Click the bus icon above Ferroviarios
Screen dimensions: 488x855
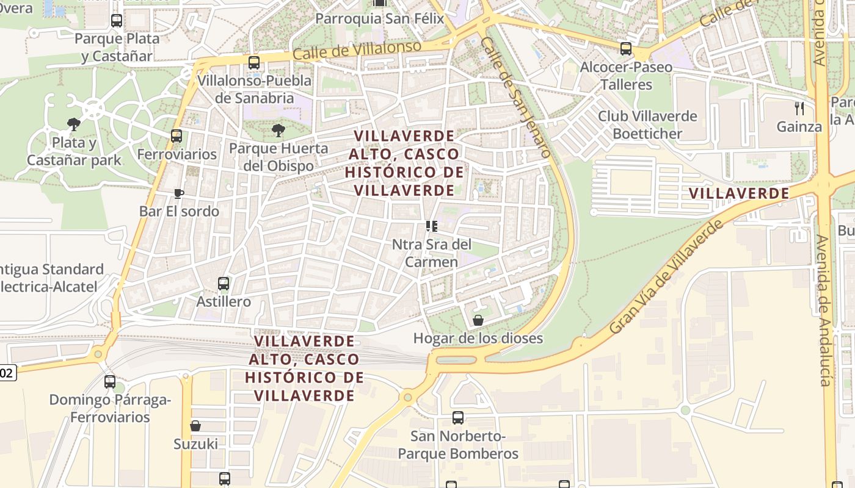(176, 136)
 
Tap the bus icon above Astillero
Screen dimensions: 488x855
(224, 284)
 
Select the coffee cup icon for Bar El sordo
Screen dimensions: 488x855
(178, 193)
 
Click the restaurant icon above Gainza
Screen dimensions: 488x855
(799, 109)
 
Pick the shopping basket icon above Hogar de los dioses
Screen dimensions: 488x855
(478, 320)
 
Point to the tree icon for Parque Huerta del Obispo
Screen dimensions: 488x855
(278, 130)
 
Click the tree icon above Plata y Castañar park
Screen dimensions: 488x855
(74, 124)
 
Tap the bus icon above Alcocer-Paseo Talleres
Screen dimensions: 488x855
(626, 49)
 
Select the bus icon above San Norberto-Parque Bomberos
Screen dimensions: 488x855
(458, 418)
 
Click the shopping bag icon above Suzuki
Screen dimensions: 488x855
(195, 426)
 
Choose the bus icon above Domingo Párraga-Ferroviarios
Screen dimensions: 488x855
(110, 382)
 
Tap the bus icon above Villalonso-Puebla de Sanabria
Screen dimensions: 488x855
(254, 63)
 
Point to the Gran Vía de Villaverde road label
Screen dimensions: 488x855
(666, 277)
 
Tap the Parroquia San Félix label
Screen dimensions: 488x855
(379, 19)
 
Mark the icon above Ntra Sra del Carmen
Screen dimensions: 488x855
(432, 226)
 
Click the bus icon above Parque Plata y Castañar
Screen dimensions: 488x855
(117, 21)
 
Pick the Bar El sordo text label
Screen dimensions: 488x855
(179, 211)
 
